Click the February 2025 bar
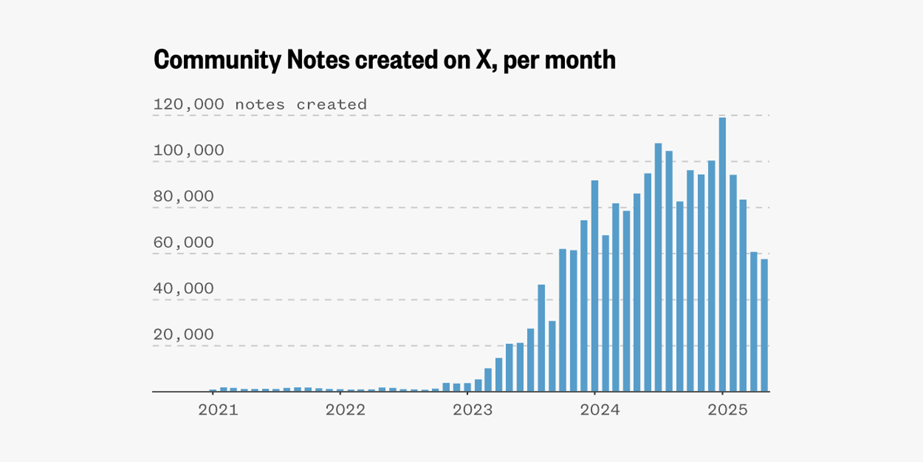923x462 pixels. click(x=733, y=283)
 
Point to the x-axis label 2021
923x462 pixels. click(x=218, y=410)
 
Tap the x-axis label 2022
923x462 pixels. click(x=345, y=410)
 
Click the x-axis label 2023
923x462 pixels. click(x=473, y=410)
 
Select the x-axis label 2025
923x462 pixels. click(x=727, y=410)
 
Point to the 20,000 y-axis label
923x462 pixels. click(x=183, y=334)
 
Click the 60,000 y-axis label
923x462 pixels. click(x=183, y=243)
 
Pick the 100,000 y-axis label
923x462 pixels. click(x=188, y=150)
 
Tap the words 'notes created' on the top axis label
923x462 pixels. click(x=301, y=104)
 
